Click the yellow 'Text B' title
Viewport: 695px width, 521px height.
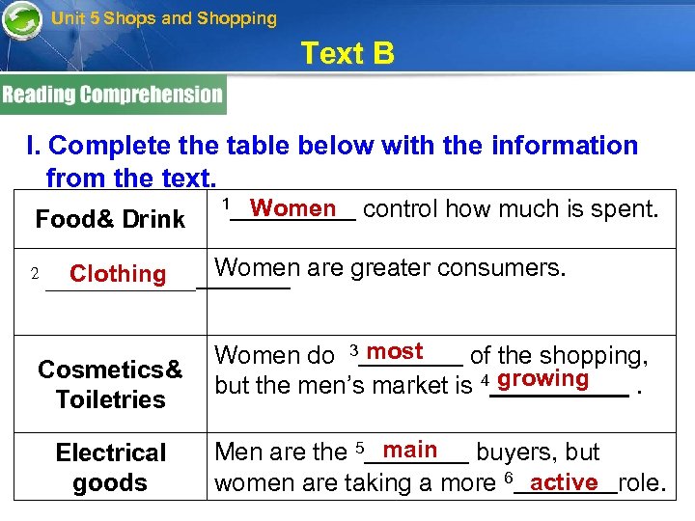click(347, 53)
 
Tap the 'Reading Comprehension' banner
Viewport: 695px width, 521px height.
click(112, 95)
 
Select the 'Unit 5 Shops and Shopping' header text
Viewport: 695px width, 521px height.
click(163, 18)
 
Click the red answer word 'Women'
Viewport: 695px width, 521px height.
click(292, 208)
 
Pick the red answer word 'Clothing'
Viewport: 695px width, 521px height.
click(118, 274)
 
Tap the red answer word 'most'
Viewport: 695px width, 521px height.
click(395, 351)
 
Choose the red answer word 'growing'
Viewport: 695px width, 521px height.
click(543, 378)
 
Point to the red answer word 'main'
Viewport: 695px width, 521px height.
click(410, 450)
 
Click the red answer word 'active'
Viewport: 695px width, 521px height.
click(565, 480)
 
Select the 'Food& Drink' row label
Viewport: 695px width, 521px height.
click(110, 220)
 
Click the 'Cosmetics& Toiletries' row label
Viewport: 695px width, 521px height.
click(110, 384)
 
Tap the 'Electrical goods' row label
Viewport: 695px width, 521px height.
click(110, 467)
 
